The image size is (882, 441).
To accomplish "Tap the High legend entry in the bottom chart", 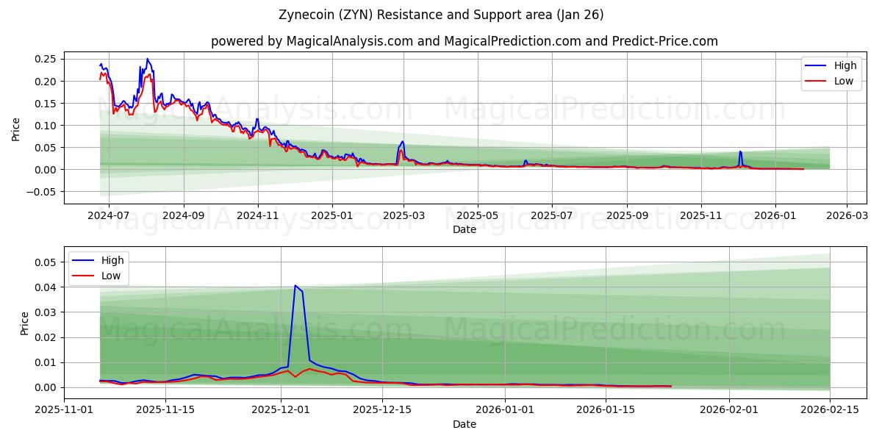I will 110,260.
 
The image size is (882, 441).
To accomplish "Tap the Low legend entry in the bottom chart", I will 110,276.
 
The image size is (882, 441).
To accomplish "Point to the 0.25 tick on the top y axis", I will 46,59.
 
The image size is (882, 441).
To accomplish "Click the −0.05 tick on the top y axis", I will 43,192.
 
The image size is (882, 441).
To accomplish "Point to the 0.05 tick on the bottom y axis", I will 46,262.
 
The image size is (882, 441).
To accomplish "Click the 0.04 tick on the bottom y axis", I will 46,287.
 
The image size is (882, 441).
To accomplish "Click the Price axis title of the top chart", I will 16,129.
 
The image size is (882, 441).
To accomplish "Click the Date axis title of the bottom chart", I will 464,424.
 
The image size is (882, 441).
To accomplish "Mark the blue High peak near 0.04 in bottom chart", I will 295,286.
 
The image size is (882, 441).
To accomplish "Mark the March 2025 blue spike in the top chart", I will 402,141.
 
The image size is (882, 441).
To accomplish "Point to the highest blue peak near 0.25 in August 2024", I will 147,59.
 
